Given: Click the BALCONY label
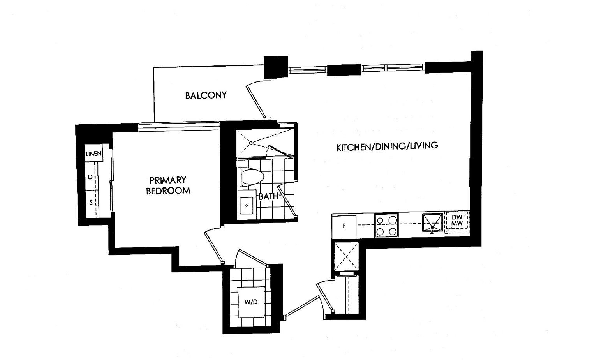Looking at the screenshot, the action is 206,95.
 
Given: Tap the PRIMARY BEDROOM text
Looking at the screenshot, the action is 168,185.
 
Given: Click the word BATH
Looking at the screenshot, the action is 268,196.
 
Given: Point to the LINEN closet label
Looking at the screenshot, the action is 93,154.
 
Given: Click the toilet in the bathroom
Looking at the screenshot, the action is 252,176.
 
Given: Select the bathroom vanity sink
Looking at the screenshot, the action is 246,205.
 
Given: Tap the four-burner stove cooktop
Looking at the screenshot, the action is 386,225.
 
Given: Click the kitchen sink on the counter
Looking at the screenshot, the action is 432,222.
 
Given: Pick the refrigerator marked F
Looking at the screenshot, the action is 344,226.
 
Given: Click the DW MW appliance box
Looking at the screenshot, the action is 457,222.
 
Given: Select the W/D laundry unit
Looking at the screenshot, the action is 251,302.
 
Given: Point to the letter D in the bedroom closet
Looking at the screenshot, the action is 90,177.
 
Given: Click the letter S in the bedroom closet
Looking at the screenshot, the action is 91,203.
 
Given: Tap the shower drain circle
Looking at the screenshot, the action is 251,143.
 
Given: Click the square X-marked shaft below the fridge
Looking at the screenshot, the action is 346,256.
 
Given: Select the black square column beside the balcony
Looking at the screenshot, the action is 276,67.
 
